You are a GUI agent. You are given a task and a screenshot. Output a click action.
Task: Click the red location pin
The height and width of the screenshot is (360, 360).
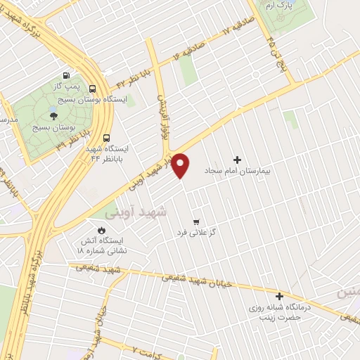pos(181,165)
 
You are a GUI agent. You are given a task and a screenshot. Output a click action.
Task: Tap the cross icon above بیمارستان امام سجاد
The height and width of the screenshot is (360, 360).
pos(236,160)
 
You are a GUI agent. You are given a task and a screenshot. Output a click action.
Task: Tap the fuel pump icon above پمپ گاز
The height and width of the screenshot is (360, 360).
pos(66,76)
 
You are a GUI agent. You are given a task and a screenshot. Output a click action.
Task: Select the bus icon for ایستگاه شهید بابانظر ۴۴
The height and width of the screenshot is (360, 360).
pos(106,138)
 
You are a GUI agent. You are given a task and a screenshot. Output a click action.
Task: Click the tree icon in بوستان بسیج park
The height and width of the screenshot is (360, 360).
pos(54,116)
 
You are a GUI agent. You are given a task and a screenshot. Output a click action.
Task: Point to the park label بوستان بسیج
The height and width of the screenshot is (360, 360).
pos(54,129)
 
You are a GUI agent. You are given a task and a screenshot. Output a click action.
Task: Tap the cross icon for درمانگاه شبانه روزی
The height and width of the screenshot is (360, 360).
pos(280,297)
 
